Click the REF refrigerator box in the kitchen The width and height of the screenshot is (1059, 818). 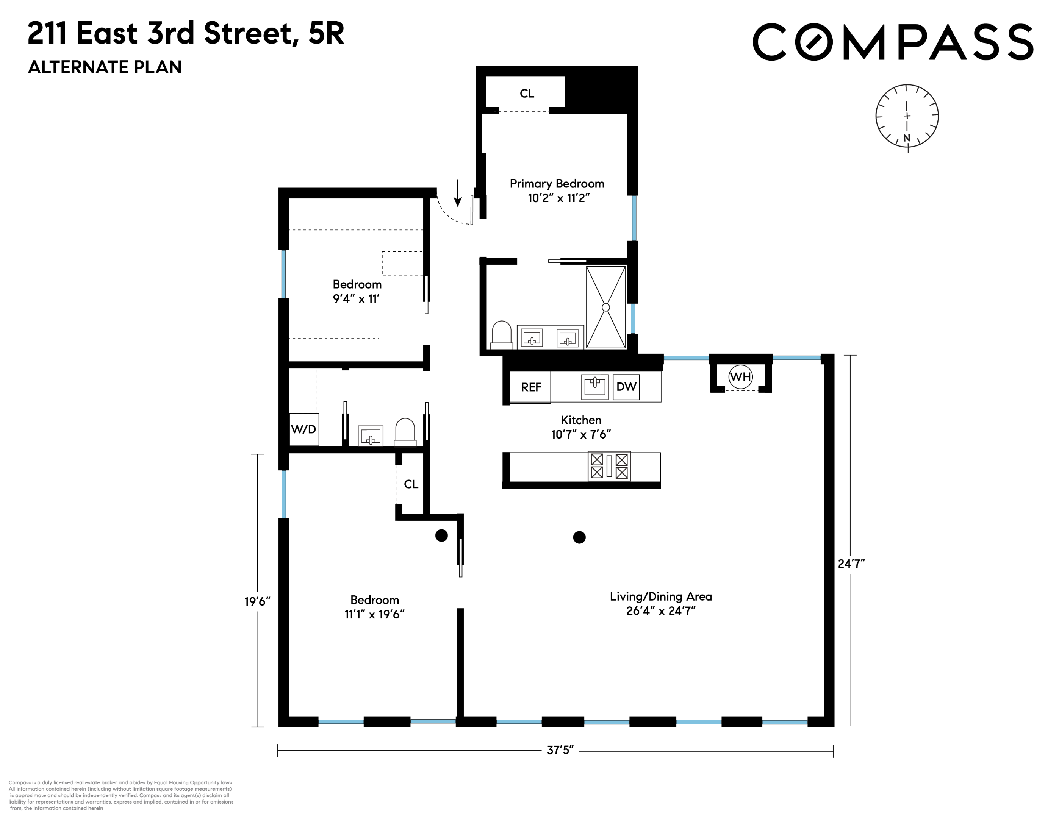point(530,387)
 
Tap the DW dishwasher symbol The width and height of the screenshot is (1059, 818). point(626,387)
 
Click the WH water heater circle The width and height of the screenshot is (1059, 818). point(740,376)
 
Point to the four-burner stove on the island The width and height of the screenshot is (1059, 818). point(609,466)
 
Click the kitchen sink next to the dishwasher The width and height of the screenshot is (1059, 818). point(594,387)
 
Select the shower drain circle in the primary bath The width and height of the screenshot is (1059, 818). point(605,307)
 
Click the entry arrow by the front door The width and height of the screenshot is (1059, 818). point(457,194)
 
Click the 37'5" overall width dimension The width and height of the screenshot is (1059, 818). point(560,750)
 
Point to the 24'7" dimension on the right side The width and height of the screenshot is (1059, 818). point(851,564)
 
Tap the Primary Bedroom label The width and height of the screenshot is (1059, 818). point(557,184)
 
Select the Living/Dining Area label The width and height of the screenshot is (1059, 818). point(660,596)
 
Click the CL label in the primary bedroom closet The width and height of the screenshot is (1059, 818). point(527,94)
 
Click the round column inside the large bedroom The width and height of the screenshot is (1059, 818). point(441,535)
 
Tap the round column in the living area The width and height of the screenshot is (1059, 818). point(579,537)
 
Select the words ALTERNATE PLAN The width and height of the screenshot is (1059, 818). point(105,67)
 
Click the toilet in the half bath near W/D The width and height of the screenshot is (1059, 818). point(405,432)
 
